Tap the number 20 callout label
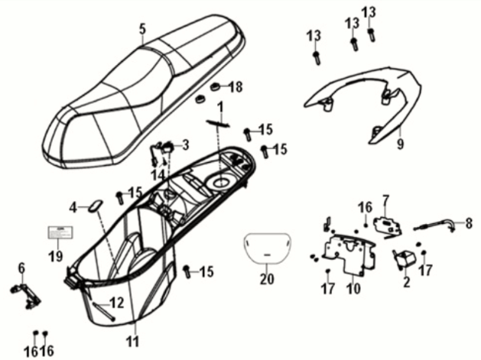point(266,279)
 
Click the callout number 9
point(420,143)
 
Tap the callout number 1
point(219,105)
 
